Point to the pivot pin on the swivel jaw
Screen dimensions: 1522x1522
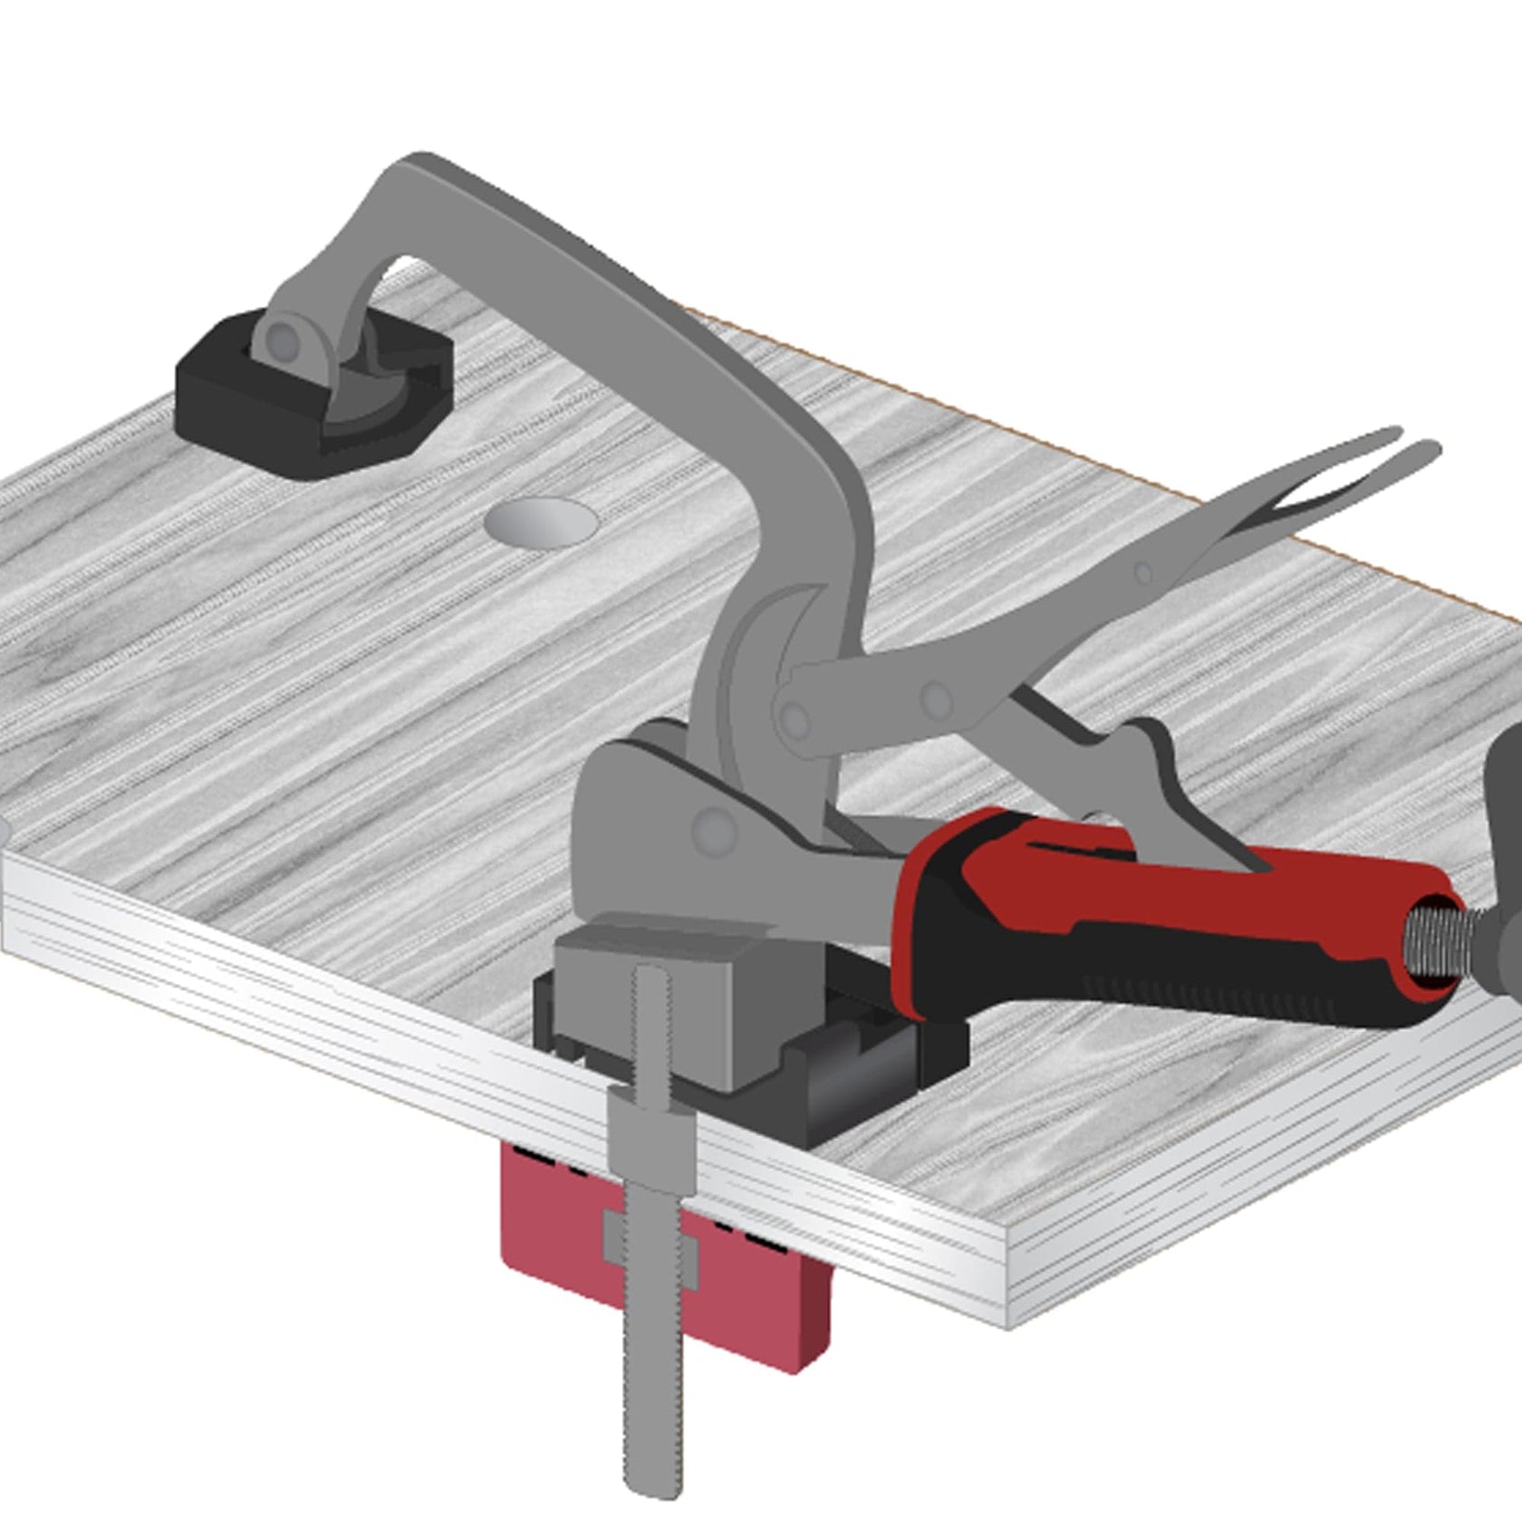tap(284, 340)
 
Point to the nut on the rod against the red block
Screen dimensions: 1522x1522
tap(650, 1254)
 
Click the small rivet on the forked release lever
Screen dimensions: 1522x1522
tap(1143, 572)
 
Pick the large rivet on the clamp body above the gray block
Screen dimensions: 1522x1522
tap(714, 828)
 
